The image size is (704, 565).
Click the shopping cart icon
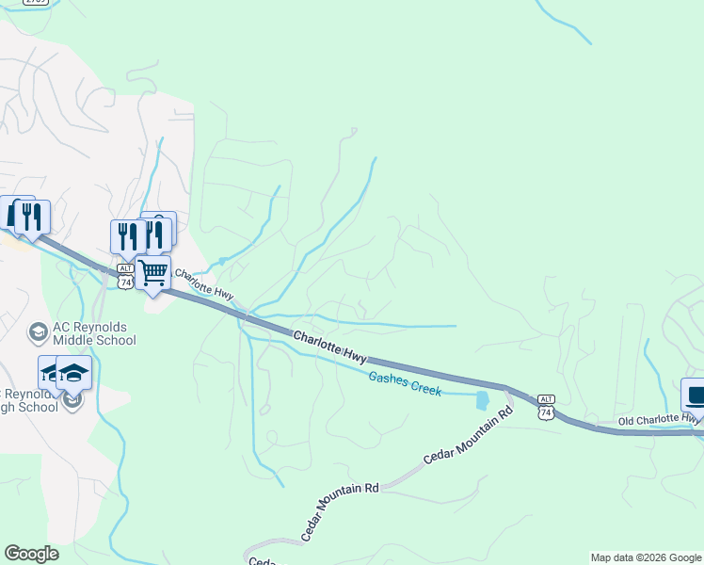click(152, 273)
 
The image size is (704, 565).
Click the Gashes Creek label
click(405, 383)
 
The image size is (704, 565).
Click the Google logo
click(31, 554)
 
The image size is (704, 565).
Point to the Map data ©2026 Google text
click(646, 557)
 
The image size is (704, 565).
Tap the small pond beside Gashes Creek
click(483, 400)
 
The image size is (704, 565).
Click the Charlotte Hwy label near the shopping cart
click(204, 285)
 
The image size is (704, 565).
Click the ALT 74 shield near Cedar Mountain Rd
click(545, 406)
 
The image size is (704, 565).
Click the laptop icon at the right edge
click(696, 395)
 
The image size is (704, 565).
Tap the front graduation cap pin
click(73, 374)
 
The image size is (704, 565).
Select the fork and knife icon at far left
click(32, 217)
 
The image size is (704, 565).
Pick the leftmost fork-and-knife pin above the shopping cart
click(127, 236)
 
